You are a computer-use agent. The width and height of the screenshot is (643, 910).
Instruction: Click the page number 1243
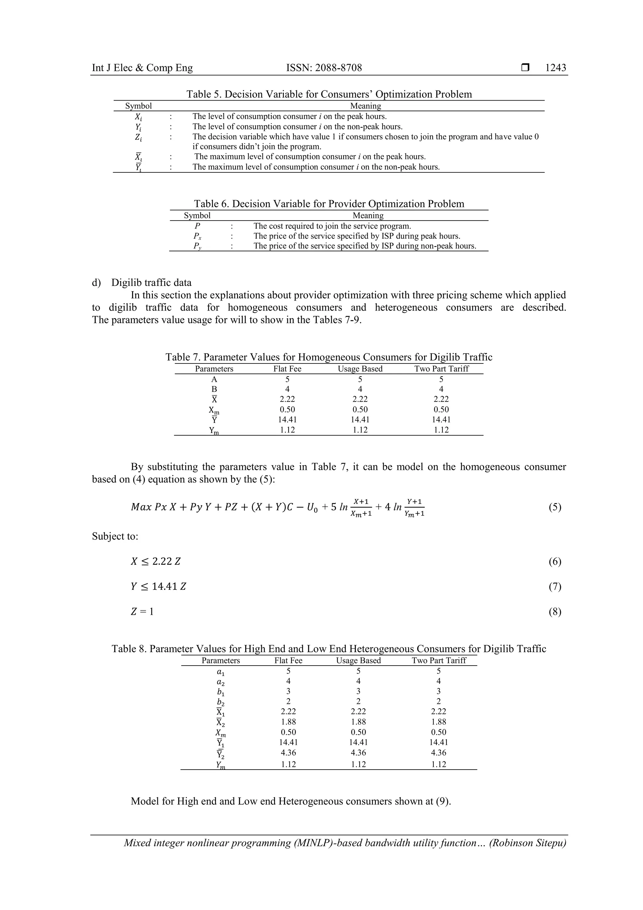555,68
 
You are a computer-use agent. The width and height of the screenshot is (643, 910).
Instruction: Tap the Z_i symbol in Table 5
138,137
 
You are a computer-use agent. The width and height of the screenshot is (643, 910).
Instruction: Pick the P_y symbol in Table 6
197,246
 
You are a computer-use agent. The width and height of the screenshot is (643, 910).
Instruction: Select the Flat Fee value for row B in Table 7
287,389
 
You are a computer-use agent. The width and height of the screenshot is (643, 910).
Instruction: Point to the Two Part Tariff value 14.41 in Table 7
441,419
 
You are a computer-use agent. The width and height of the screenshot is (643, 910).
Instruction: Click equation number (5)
555,507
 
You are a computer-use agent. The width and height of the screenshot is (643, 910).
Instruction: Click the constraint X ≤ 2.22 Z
156,561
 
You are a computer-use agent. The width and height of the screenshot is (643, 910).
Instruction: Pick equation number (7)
555,586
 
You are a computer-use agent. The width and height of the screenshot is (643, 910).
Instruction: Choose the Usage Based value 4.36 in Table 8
358,752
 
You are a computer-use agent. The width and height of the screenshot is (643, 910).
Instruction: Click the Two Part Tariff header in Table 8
439,660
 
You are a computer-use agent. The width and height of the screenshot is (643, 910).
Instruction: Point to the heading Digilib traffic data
151,283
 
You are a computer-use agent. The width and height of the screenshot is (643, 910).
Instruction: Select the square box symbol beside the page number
525,68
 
